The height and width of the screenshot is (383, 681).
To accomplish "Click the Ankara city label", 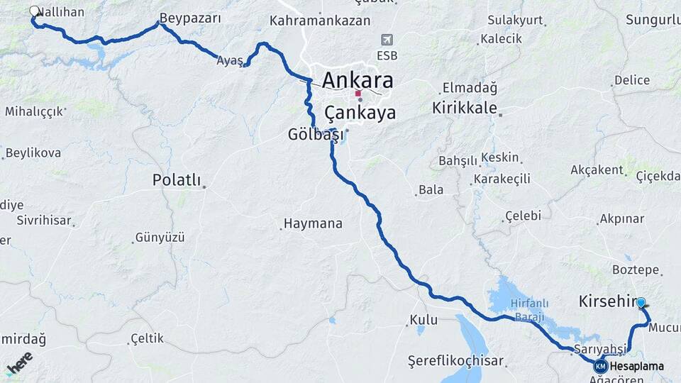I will (358, 80).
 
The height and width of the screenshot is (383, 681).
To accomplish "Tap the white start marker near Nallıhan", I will (35, 11).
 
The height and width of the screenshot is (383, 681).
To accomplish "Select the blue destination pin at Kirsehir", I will (641, 304).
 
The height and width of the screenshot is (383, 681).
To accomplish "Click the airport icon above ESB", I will (387, 40).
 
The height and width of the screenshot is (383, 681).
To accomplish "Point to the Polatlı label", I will (177, 180).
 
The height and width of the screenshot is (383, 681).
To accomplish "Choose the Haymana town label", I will (313, 223).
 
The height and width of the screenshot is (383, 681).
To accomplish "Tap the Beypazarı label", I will (190, 18).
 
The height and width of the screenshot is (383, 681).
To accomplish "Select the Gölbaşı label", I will (316, 134).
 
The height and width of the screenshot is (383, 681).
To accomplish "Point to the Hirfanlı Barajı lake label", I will (516, 309).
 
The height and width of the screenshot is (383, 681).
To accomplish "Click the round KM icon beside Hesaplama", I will (601, 366).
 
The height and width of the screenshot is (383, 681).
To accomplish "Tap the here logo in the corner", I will (19, 363).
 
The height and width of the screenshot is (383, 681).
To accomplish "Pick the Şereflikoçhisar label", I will (455, 360).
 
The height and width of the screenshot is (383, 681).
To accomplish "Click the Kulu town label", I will (423, 320).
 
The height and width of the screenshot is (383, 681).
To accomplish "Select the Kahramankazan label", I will (319, 21).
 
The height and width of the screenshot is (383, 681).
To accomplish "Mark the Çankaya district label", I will (360, 113).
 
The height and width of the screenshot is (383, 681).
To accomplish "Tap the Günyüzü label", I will (160, 237).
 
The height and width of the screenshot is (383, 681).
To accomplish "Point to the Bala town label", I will (431, 189).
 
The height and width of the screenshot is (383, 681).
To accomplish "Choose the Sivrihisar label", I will (44, 221).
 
